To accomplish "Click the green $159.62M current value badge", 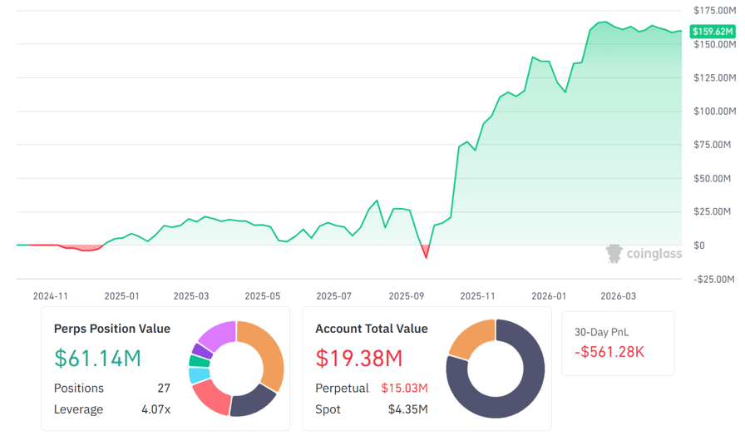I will click(x=713, y=31).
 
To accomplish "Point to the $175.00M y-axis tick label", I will click(x=713, y=10).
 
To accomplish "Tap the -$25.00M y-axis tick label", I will click(x=713, y=279).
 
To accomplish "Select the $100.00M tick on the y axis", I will click(x=713, y=111).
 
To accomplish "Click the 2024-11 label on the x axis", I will click(x=50, y=295).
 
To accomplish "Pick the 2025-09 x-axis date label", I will click(x=407, y=295).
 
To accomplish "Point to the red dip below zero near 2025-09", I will click(x=426, y=250).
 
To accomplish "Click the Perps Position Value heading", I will click(x=111, y=329).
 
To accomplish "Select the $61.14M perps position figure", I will click(x=97, y=359).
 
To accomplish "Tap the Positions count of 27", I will click(x=163, y=389).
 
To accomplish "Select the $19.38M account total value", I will click(x=358, y=359).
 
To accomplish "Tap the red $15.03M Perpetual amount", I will click(x=404, y=389).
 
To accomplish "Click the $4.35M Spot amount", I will click(x=407, y=409).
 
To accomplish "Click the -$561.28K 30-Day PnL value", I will click(x=609, y=352).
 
